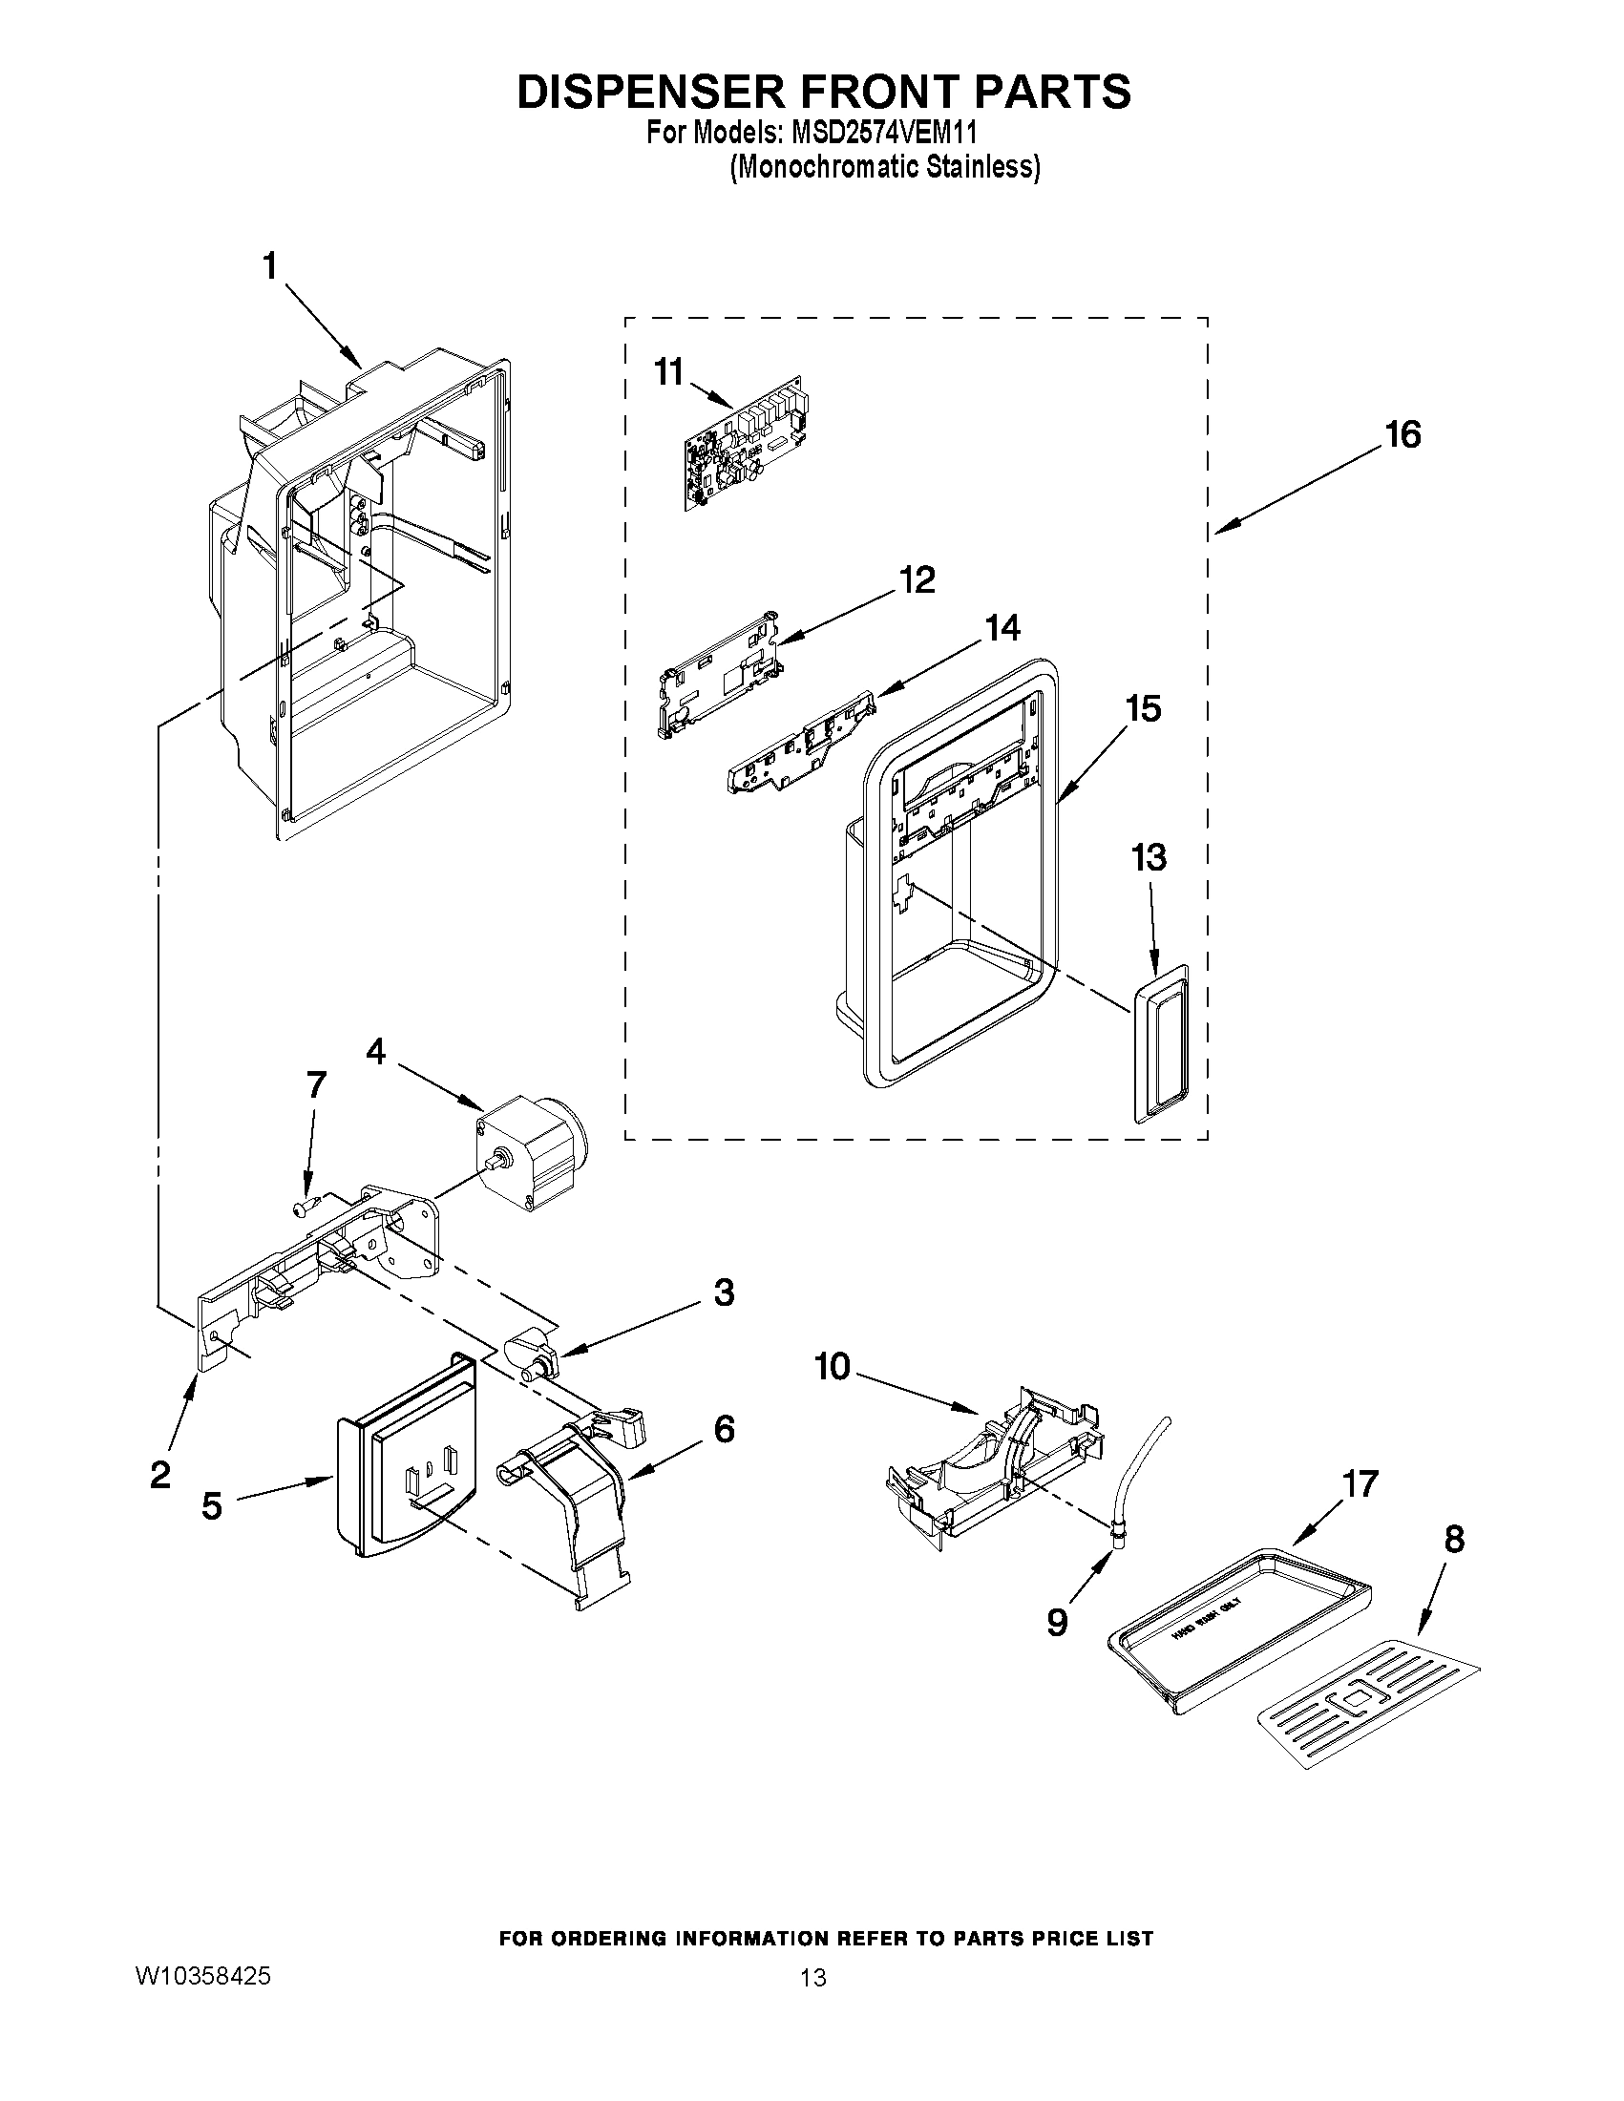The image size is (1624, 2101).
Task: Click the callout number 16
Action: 1403,435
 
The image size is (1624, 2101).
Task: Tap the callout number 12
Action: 917,580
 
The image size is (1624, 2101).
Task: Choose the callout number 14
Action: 1001,628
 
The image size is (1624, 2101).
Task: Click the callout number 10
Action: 833,1366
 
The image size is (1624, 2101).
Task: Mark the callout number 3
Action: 724,1292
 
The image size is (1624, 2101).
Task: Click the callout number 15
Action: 1143,709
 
